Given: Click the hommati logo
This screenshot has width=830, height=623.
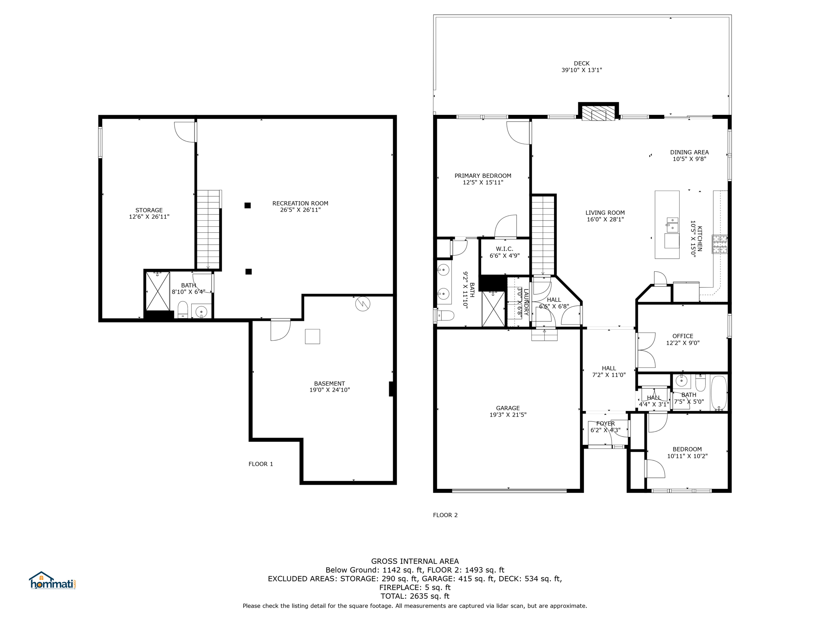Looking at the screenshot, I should tap(52, 581).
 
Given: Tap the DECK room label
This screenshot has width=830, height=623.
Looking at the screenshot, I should tap(582, 63).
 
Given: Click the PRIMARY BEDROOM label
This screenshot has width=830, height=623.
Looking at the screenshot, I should tap(483, 176).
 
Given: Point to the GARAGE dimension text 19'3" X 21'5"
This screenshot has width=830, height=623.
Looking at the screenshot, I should tap(508, 415).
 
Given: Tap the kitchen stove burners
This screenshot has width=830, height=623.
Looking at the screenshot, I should tap(720, 244).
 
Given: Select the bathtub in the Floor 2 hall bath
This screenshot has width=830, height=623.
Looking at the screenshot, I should tap(719, 393).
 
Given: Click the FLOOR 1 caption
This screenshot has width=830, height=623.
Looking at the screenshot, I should tap(261, 464).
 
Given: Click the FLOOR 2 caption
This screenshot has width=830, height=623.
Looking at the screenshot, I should tap(445, 515).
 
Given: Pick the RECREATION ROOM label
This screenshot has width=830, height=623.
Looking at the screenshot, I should tap(300, 203).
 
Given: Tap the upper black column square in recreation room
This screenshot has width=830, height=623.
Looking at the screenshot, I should tap(248, 206).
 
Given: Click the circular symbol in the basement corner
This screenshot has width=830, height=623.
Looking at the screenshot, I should tap(362, 304).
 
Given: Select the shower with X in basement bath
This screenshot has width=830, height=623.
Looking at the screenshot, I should tap(158, 291).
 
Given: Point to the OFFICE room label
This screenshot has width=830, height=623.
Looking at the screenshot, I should tap(682, 336).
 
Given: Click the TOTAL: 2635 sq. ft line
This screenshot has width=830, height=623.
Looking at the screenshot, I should tap(415, 596).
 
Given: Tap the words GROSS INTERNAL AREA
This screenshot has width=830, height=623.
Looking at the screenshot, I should tap(415, 561).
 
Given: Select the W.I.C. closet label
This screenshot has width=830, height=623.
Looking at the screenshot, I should tap(504, 249).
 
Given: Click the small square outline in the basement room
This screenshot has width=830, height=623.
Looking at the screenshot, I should tap(312, 336).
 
